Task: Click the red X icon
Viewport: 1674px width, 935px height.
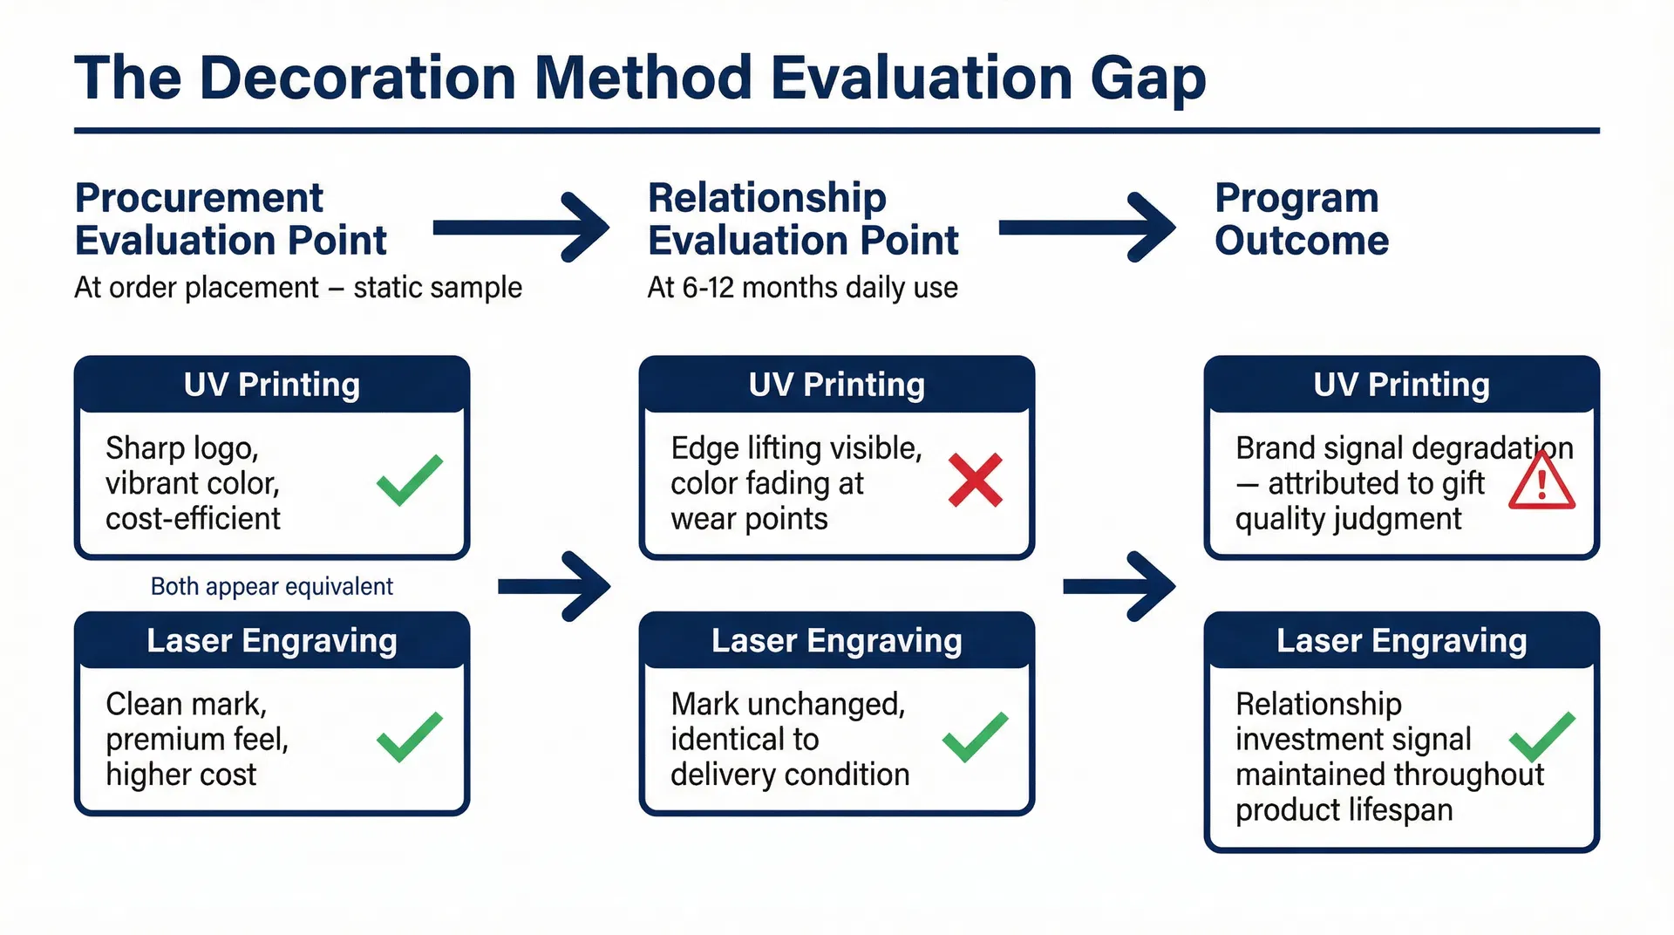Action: [975, 481]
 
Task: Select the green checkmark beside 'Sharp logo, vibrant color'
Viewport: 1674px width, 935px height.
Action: [409, 481]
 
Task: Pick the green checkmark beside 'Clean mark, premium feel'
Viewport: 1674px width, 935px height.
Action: [409, 737]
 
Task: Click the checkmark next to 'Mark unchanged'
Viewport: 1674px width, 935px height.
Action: [975, 737]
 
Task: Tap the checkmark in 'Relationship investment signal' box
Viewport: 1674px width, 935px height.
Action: [1541, 737]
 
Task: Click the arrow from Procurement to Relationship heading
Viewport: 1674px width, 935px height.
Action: [521, 228]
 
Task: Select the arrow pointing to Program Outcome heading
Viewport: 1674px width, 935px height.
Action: [1086, 228]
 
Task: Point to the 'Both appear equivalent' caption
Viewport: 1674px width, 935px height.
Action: [271, 586]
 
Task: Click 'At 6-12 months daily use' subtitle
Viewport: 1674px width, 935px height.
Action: [802, 288]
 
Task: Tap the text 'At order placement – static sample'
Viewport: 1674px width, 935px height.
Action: [297, 288]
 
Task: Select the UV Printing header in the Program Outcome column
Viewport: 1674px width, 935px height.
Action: [1401, 385]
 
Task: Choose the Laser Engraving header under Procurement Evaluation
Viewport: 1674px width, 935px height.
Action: [271, 641]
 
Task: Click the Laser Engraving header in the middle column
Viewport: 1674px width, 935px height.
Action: [836, 641]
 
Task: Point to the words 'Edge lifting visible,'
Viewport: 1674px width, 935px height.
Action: [796, 448]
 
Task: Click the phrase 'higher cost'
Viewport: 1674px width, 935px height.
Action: [181, 775]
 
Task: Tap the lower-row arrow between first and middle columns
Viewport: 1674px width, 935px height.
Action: [555, 586]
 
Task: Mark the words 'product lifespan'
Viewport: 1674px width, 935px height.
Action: [1344, 810]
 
